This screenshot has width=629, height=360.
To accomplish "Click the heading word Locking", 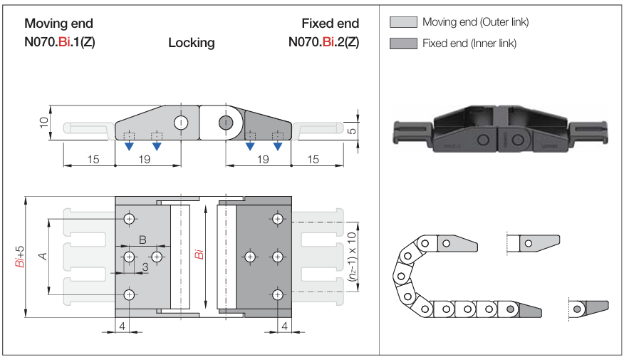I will click(191, 43).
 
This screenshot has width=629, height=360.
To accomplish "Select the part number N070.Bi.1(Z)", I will click(60, 41).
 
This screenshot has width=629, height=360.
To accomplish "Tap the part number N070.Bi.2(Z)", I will click(323, 41).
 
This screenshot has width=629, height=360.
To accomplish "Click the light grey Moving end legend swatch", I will click(403, 22).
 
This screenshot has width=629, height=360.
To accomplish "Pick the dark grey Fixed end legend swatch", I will click(403, 43).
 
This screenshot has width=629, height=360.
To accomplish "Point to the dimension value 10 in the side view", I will click(43, 123).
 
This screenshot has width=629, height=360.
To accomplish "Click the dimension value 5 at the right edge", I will click(352, 130).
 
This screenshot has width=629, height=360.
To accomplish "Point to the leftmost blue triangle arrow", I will click(129, 147).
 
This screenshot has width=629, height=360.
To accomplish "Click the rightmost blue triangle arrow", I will click(278, 147).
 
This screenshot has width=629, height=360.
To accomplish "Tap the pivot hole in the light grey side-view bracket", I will click(181, 122).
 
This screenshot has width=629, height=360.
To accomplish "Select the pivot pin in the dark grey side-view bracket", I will click(226, 122).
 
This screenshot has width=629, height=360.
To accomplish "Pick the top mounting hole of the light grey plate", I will click(129, 218).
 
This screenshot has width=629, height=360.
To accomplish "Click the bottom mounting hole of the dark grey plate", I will click(277, 294).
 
